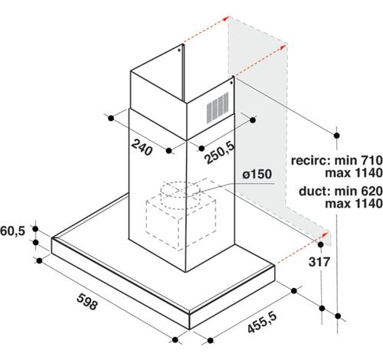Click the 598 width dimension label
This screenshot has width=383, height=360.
tap(87, 302)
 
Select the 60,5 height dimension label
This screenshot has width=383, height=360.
tap(12, 231)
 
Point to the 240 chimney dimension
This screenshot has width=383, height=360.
tap(142, 147)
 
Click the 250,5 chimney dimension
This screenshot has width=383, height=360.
tap(220, 152)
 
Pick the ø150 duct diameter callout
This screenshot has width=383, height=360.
tap(257, 175)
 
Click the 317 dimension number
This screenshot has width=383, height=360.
tap(319, 262)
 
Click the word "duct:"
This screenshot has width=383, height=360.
tap(315, 191)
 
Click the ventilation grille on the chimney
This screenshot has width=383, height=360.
tap(218, 107)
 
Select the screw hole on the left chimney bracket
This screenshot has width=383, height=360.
tap(179, 50)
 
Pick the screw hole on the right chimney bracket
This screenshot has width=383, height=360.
tap(231, 83)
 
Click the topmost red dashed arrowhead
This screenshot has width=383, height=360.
tap(225, 18)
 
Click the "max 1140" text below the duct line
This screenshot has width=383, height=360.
tap(354, 204)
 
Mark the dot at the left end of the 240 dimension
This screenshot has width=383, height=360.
tap(111, 118)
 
